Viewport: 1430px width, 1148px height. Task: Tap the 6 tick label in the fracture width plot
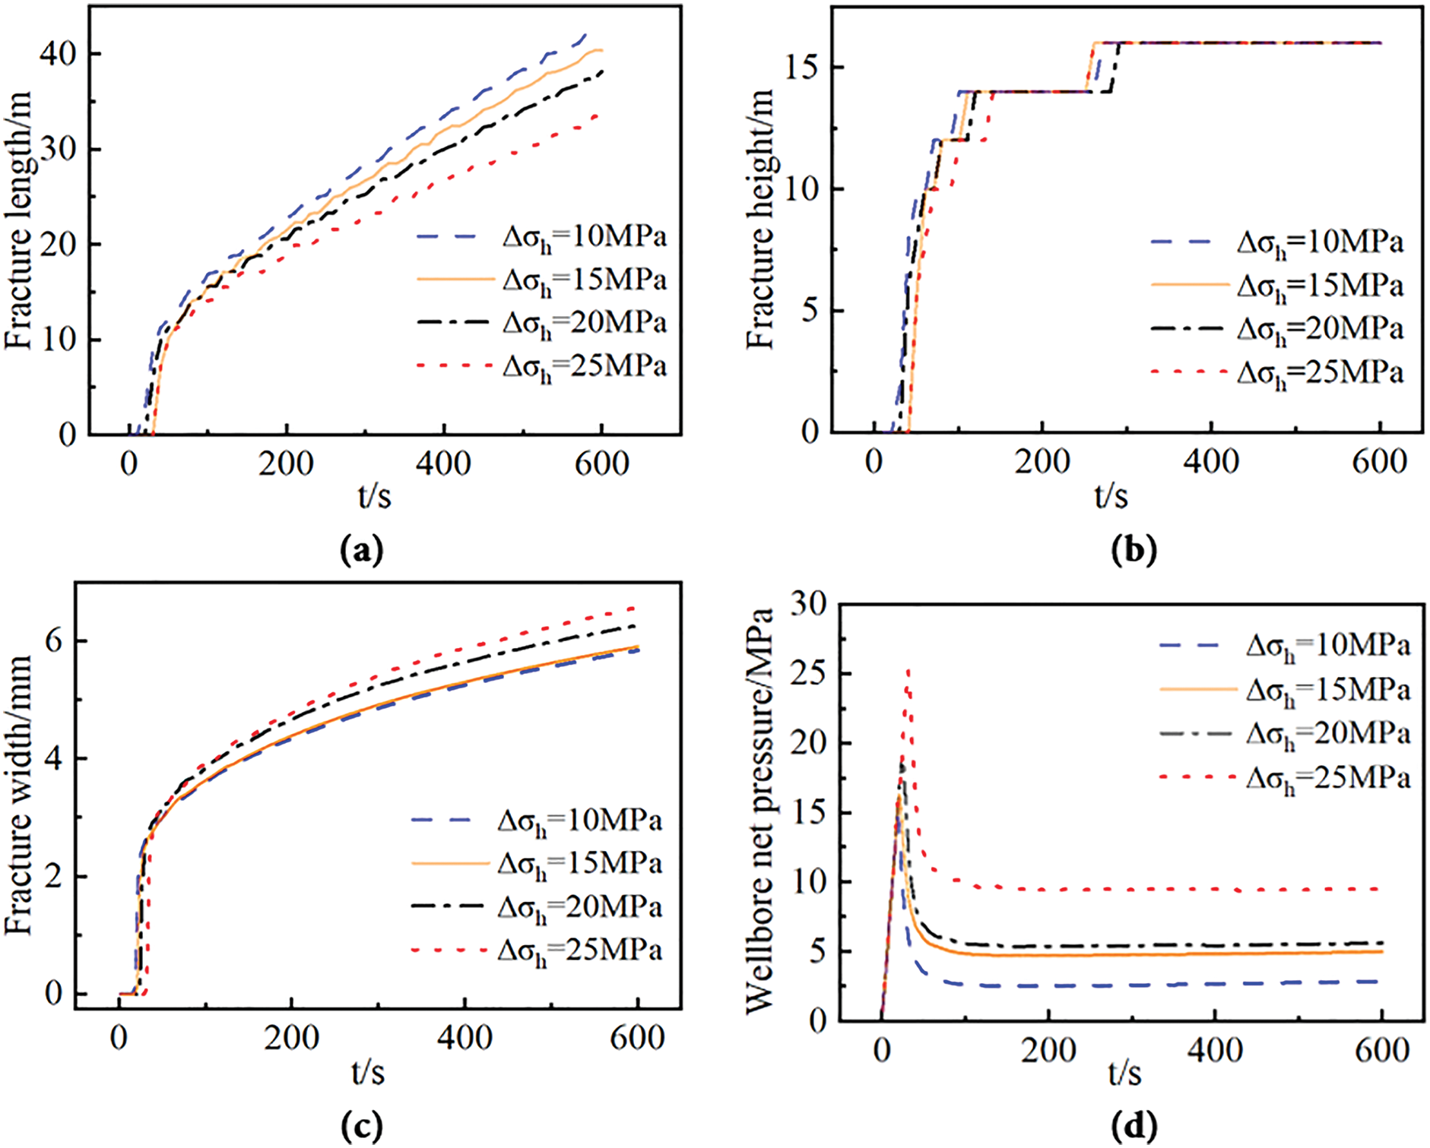point(54,641)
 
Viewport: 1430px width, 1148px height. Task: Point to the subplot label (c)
point(362,1126)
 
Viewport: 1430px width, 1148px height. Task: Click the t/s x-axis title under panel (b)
point(1111,495)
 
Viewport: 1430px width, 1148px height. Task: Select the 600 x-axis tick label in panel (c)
point(637,1038)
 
